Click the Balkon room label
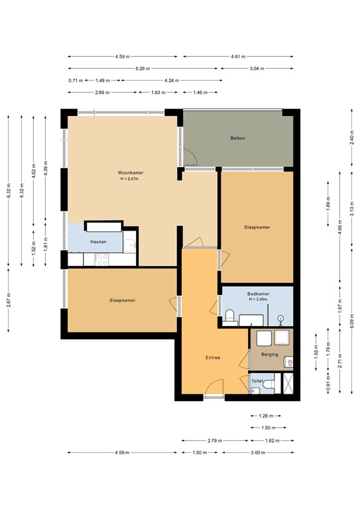pos(238,138)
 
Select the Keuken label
pos(98,242)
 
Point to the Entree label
pos(212,358)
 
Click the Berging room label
pos(269,355)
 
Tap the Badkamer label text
pos(258,293)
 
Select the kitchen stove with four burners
pos(101,260)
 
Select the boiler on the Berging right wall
pos(290,362)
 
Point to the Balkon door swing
pos(190,158)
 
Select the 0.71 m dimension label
pos(75,80)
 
